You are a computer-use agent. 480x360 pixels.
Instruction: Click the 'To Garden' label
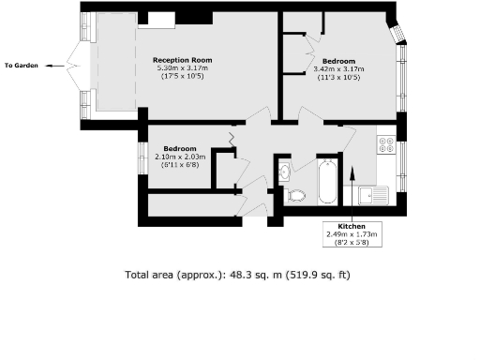[x=21, y=65]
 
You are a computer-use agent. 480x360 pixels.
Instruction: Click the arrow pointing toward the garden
[x=56, y=65]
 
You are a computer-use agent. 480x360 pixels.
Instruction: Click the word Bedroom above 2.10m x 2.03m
[x=179, y=148]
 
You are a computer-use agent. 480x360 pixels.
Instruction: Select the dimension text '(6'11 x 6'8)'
[x=179, y=165]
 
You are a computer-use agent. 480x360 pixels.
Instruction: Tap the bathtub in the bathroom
[x=327, y=180]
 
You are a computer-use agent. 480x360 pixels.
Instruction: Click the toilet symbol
[x=297, y=195]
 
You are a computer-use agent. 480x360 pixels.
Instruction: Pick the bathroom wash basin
[x=284, y=172]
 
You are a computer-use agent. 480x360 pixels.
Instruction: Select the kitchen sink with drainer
[x=372, y=195]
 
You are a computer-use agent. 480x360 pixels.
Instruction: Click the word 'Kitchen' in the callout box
[x=352, y=226]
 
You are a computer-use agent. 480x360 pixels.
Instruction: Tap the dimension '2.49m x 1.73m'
[x=352, y=234]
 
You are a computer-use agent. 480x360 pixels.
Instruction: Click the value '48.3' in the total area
[x=217, y=276]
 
